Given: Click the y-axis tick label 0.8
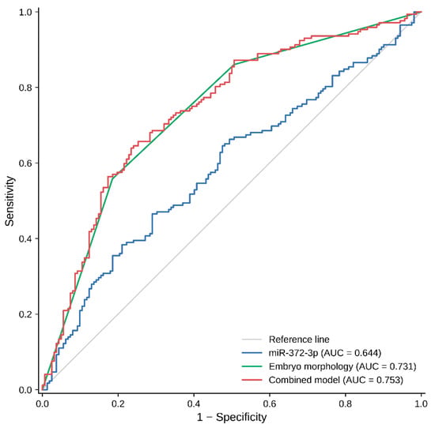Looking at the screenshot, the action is (x=25, y=88).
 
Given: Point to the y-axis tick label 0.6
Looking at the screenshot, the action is (x=25, y=163).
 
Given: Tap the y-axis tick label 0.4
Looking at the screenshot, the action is (x=25, y=238).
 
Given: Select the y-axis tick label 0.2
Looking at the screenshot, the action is (x=25, y=314).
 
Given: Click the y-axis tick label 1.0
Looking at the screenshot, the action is (x=25, y=12).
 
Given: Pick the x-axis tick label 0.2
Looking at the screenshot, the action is (x=118, y=404).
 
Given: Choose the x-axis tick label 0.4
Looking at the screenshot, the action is (x=194, y=404).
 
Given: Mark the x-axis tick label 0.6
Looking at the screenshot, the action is (x=270, y=404).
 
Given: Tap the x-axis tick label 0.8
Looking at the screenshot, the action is (x=346, y=404).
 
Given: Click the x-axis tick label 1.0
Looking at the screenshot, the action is (x=421, y=404).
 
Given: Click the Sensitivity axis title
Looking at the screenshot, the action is (x=9, y=201).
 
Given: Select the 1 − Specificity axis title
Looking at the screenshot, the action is (x=232, y=417).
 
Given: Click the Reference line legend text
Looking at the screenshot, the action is (x=299, y=340).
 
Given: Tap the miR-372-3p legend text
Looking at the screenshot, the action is (x=293, y=353).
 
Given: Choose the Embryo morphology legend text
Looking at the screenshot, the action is (x=311, y=366).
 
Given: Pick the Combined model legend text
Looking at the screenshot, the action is (x=304, y=380).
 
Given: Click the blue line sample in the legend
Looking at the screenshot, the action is (x=252, y=353).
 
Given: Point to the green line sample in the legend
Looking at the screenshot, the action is (x=252, y=366).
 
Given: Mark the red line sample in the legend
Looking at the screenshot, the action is (x=252, y=380).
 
